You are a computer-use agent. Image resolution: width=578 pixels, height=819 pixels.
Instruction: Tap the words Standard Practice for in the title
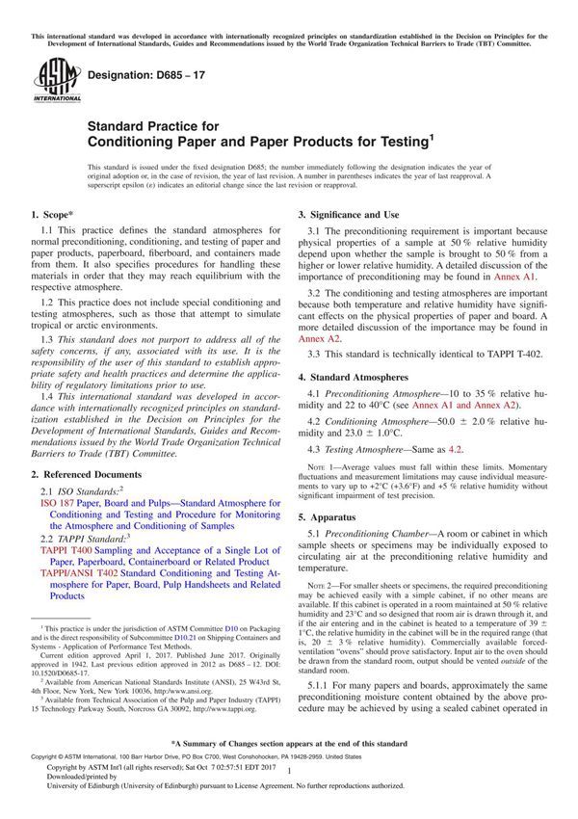tap(153, 125)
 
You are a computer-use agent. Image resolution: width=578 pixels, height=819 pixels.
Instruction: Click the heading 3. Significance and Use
tap(360, 214)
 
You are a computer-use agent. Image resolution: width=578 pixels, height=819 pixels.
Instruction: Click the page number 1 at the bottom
tap(289, 783)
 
